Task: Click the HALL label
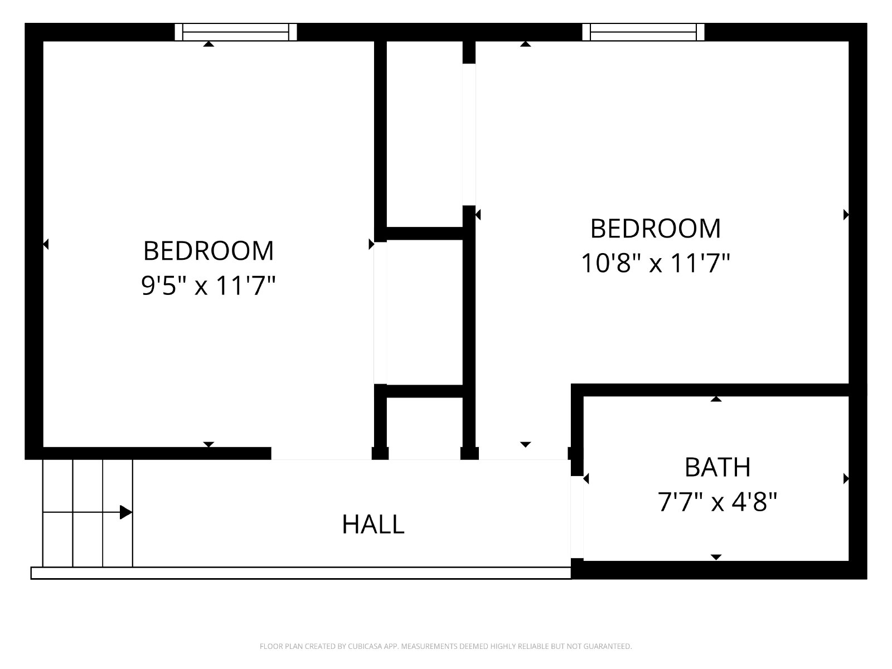coord(372,524)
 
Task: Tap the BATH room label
coord(718,467)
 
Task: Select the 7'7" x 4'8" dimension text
coord(718,502)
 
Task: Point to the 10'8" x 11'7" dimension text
coord(655,263)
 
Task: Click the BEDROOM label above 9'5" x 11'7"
coord(209,251)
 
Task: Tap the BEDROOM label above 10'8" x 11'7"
coord(656,228)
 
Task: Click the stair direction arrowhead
coord(126,512)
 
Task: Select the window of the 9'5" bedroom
coord(236,32)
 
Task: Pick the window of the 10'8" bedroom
coord(643,32)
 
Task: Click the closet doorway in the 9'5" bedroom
coord(380,313)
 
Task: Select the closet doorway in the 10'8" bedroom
coord(469,134)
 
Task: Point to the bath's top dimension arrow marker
coord(716,399)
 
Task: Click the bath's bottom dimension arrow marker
coord(716,557)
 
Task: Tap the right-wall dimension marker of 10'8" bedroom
coord(846,215)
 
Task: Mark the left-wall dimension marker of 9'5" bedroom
coord(46,244)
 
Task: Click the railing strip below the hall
coord(300,573)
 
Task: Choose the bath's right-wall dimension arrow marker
coord(846,478)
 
